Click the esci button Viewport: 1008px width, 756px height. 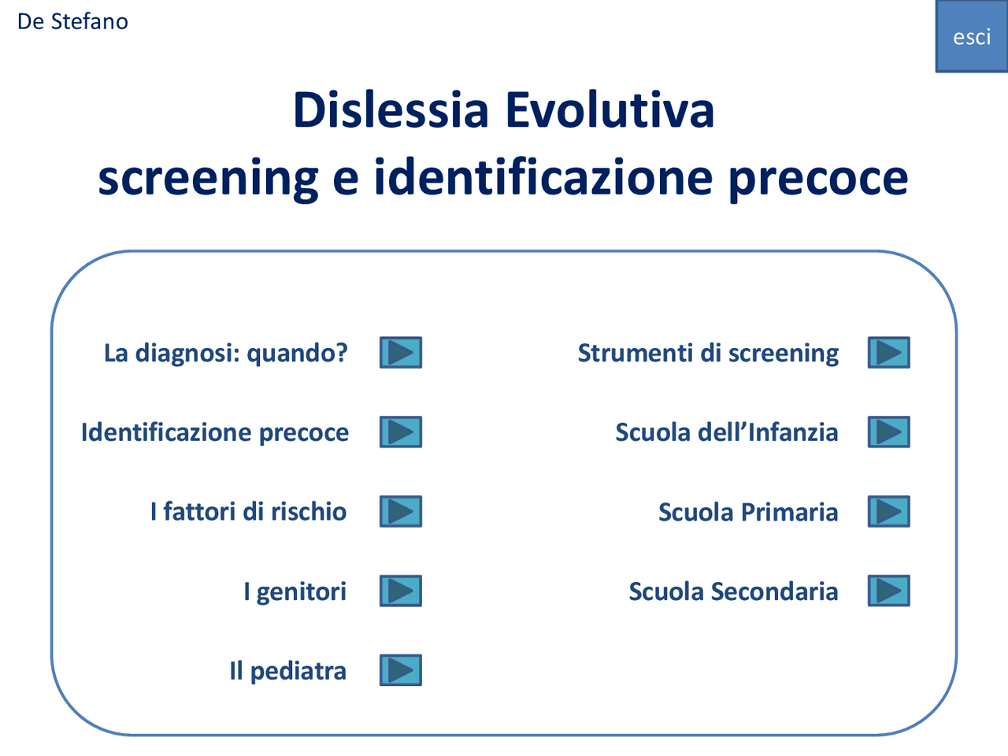point(971,37)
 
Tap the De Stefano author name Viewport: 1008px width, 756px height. point(72,21)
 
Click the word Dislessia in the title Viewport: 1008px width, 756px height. point(391,109)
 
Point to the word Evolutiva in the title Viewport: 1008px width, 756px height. point(610,109)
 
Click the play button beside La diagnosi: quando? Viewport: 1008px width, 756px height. point(401,352)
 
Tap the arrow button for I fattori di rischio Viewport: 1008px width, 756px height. point(401,511)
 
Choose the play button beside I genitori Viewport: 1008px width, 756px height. point(401,591)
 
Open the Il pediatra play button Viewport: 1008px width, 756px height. point(401,670)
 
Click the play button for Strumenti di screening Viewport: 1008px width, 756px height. point(888,352)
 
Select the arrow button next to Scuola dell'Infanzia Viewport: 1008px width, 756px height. point(888,432)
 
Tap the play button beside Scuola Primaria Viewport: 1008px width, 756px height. point(888,511)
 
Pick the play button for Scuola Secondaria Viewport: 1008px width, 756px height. point(888,591)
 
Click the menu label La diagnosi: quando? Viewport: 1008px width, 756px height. point(226,353)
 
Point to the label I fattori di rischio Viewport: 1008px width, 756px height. point(248,512)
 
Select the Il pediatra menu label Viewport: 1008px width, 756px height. point(287,671)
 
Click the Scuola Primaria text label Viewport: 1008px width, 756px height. point(748,512)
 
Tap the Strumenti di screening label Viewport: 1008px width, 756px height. point(708,353)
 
